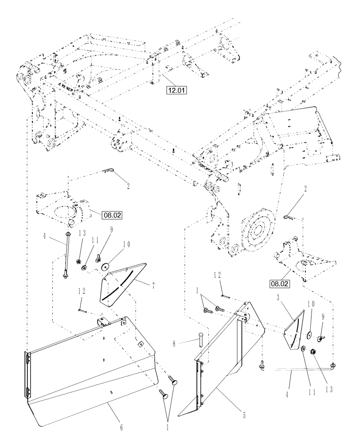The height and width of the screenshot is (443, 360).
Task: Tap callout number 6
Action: (x=121, y=428)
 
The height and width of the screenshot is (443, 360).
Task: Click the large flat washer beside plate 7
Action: (x=106, y=267)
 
